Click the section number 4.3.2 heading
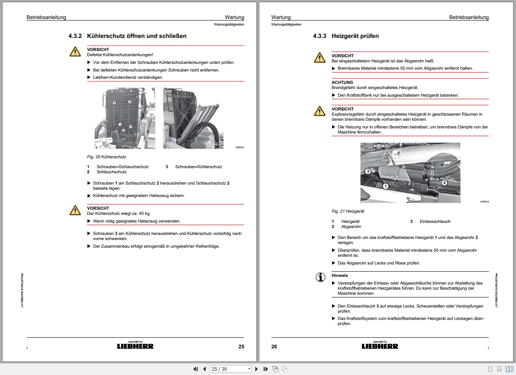(x=75, y=36)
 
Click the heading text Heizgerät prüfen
(x=355, y=36)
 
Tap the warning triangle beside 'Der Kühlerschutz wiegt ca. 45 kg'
(x=75, y=210)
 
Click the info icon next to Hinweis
(x=320, y=277)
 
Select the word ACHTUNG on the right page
(x=342, y=82)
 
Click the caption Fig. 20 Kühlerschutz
(x=106, y=157)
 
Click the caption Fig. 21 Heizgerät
(x=348, y=211)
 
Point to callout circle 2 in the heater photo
(x=444, y=183)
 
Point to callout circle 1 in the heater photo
(x=385, y=186)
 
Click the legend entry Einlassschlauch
(x=435, y=221)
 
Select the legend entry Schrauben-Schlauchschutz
(x=123, y=167)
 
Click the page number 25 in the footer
(x=241, y=347)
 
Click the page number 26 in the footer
(x=274, y=347)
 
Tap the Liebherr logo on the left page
(x=135, y=346)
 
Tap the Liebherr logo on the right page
(x=380, y=346)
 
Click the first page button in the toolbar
(x=195, y=369)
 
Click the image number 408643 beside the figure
(x=240, y=147)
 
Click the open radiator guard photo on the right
(x=193, y=118)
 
